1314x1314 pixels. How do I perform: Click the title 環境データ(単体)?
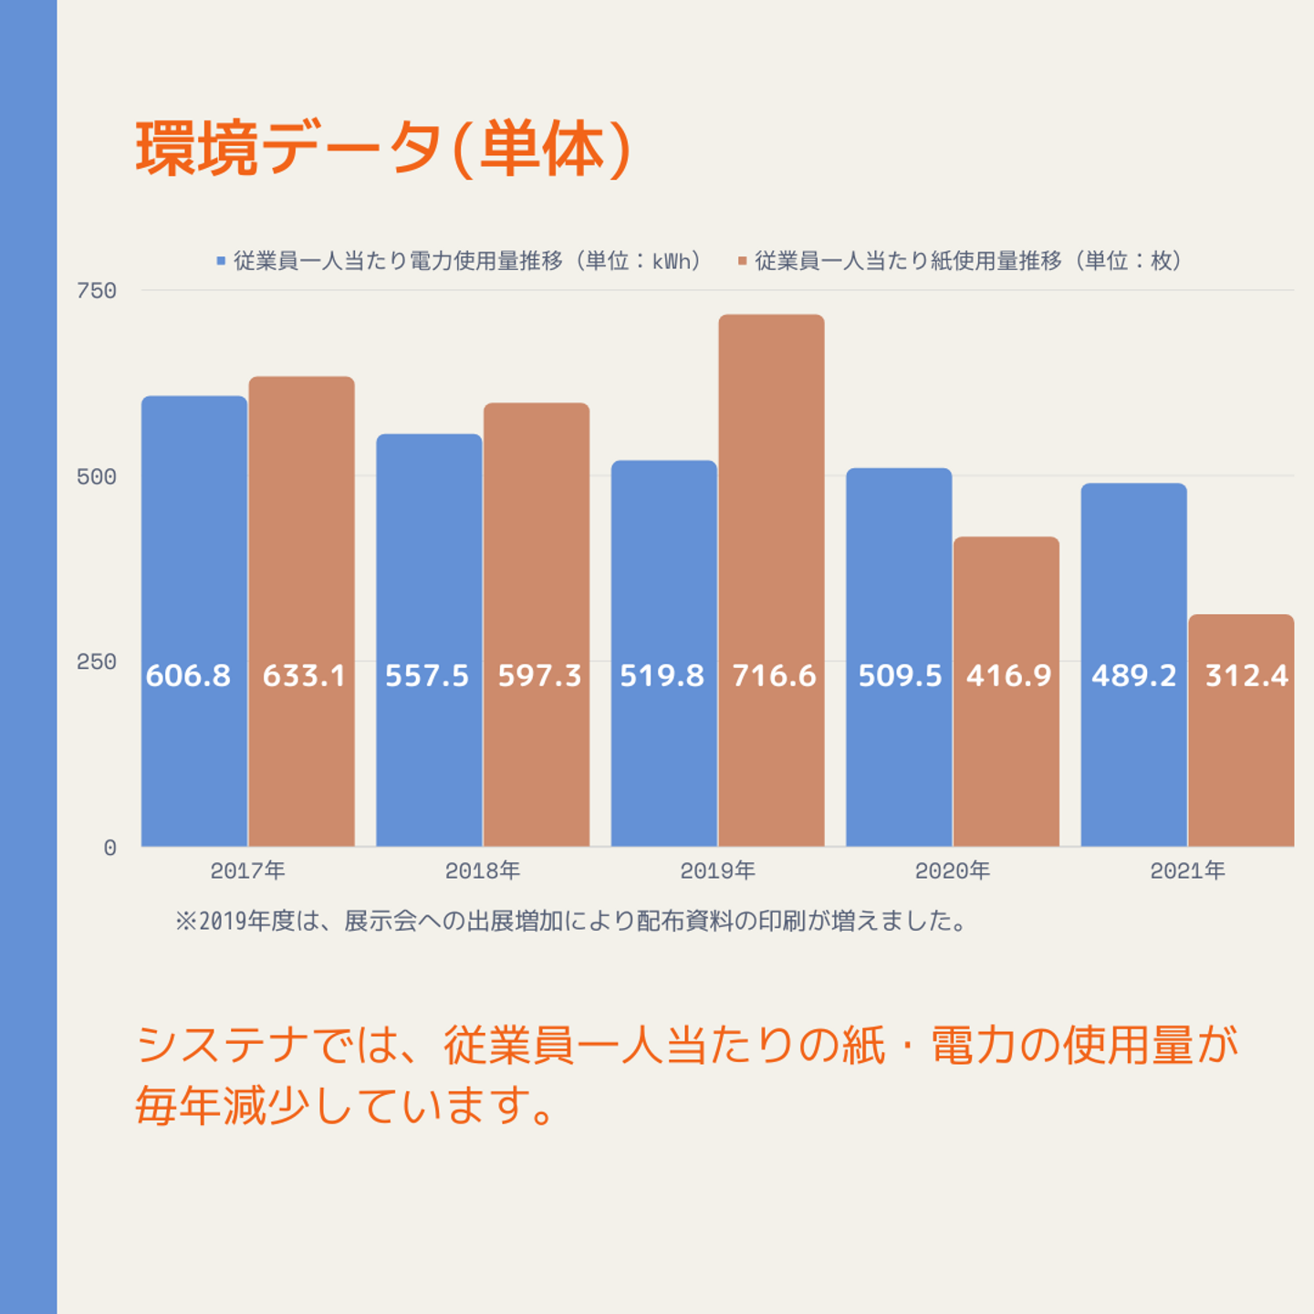point(383,149)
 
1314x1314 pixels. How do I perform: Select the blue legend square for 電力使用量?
point(221,261)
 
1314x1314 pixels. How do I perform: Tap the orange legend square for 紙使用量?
point(742,261)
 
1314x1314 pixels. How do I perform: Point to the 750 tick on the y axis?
point(97,291)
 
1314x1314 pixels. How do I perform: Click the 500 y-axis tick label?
point(97,476)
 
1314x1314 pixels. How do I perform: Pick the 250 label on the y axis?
point(97,662)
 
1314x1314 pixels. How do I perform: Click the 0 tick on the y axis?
point(109,848)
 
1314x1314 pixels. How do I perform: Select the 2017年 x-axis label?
point(247,871)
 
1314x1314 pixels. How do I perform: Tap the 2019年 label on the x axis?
point(717,871)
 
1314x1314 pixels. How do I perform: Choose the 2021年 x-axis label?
point(1187,871)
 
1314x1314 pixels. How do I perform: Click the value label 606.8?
point(188,675)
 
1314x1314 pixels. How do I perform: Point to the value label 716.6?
point(774,675)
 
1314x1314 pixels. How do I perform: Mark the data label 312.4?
point(1246,675)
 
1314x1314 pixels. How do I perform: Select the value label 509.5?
point(900,675)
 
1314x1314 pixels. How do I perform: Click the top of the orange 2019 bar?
point(771,316)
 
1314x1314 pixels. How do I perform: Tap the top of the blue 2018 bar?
point(429,435)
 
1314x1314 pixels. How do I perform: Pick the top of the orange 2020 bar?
point(1006,538)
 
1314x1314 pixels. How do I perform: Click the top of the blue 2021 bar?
point(1133,485)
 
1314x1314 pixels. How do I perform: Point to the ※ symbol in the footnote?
point(186,921)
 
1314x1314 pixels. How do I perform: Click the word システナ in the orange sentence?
point(224,1045)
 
